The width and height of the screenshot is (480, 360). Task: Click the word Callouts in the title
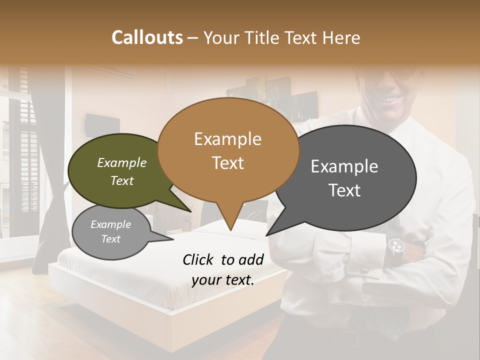coord(147,37)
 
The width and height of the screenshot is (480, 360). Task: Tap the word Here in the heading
coord(342,38)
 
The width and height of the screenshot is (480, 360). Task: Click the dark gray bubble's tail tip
coord(267,234)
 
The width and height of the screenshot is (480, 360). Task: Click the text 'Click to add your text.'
coord(223,269)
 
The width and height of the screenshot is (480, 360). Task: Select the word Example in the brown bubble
coord(227,139)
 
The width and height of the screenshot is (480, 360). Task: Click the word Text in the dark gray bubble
coord(344,190)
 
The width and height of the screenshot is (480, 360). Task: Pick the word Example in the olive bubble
coord(122,163)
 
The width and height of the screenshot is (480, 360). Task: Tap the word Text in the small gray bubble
coord(111,239)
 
